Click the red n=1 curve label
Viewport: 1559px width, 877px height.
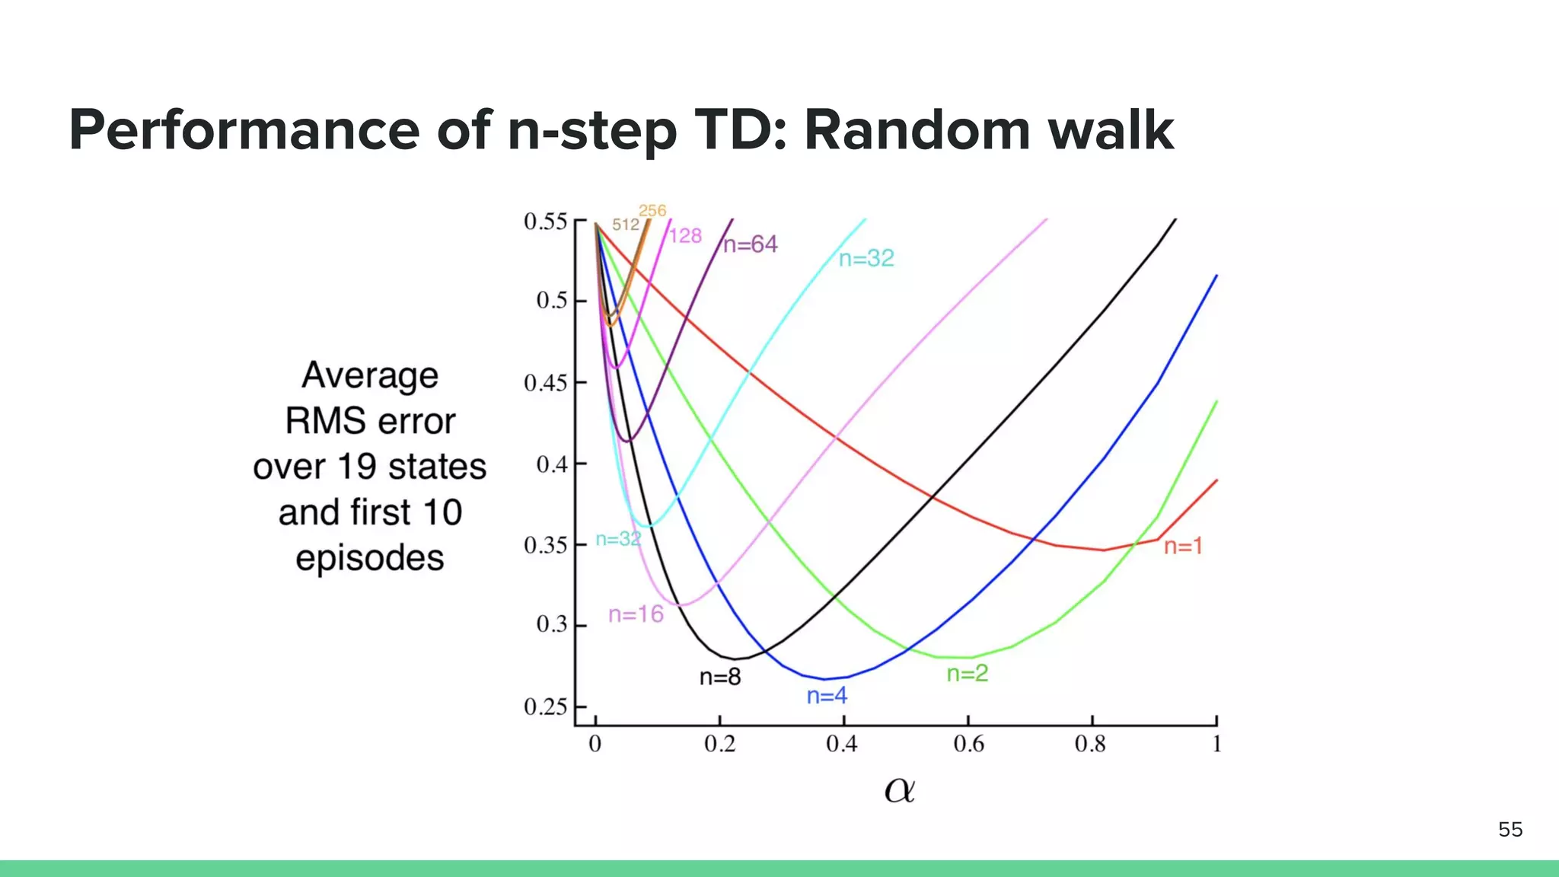(1183, 546)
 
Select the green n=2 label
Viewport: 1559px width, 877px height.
(967, 673)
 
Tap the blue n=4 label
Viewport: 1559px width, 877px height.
(827, 695)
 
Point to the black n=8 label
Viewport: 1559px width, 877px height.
(720, 677)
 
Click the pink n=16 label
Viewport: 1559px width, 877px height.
(636, 614)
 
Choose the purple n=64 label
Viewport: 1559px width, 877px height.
(751, 244)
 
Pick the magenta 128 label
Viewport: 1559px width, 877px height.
(685, 236)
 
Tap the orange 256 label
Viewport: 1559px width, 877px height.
(652, 210)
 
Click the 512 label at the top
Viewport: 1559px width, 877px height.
(626, 225)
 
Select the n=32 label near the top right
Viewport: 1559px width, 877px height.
(866, 258)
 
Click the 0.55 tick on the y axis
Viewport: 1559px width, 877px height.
(546, 222)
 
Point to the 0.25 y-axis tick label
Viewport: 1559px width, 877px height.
(546, 707)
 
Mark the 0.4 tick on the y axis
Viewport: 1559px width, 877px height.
(552, 464)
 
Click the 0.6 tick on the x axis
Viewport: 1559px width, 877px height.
(968, 744)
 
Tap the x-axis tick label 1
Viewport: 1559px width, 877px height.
(1216, 744)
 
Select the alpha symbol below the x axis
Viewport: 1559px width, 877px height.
(900, 790)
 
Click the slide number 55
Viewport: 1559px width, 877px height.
(1510, 829)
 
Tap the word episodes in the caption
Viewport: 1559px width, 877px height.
(370, 558)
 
